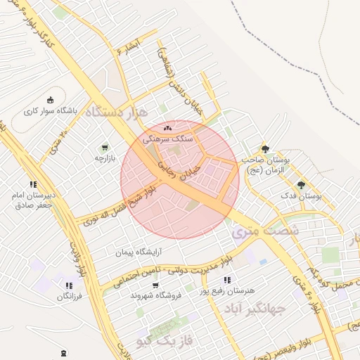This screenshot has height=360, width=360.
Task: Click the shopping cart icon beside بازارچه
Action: (x=105, y=148)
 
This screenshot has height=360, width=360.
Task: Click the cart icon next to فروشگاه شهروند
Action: (x=155, y=285)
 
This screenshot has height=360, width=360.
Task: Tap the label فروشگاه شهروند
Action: (x=156, y=295)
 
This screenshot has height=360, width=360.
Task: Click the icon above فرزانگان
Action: (x=68, y=285)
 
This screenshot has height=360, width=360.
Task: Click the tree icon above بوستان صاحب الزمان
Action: (x=265, y=149)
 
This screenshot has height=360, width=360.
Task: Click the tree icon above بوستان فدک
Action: (x=302, y=185)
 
